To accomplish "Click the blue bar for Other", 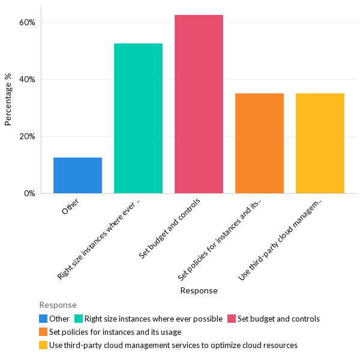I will coord(77,175).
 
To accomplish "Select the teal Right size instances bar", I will coord(138,118).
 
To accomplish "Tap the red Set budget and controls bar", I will coord(199,104).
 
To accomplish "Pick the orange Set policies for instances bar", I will coord(259,143).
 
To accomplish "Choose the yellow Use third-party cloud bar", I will coord(320,143).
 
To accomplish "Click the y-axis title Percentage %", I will coord(8,99).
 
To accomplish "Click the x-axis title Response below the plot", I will coord(199,290).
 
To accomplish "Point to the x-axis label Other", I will coord(70,208).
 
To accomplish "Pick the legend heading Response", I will coord(58,305).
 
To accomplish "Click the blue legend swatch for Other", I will coord(43,319).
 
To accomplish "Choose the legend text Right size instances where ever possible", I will coord(154,319).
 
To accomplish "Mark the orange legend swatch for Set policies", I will coord(43,332).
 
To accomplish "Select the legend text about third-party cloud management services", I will coord(173,345).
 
